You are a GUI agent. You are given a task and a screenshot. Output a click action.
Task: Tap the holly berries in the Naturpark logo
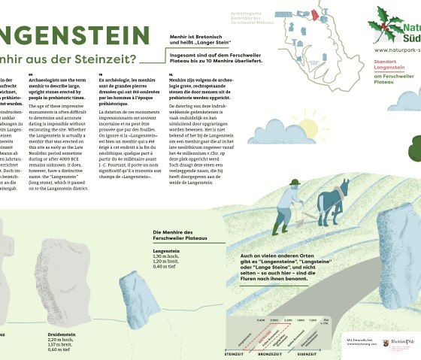386,23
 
